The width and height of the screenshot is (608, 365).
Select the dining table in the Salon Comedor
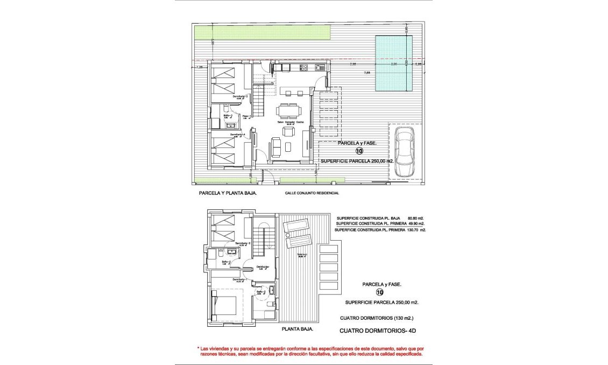click(x=289, y=111)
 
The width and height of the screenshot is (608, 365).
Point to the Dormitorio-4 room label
click(x=238, y=134)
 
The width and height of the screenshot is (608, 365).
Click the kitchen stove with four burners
click(x=303, y=68)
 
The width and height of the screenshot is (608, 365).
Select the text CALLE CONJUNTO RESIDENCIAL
click(x=312, y=193)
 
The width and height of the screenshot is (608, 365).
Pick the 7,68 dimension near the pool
click(x=367, y=72)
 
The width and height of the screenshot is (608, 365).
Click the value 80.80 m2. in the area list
click(x=412, y=218)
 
